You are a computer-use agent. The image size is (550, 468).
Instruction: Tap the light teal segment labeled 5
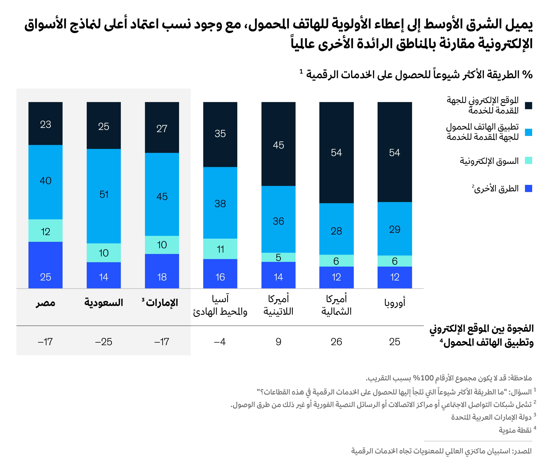click(278, 257)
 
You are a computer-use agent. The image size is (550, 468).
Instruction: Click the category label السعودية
click(104, 303)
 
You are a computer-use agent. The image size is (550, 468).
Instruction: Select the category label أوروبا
click(394, 303)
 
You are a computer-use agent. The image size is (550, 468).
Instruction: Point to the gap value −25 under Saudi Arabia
click(104, 342)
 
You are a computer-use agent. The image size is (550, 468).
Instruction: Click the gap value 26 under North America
click(336, 342)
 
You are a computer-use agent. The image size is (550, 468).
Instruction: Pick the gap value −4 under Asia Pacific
click(220, 342)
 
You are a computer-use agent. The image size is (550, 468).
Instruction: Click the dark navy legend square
click(528, 106)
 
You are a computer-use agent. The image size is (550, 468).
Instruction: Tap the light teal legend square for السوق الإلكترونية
click(528, 161)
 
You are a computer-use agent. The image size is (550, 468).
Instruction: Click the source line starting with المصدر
click(441, 451)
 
